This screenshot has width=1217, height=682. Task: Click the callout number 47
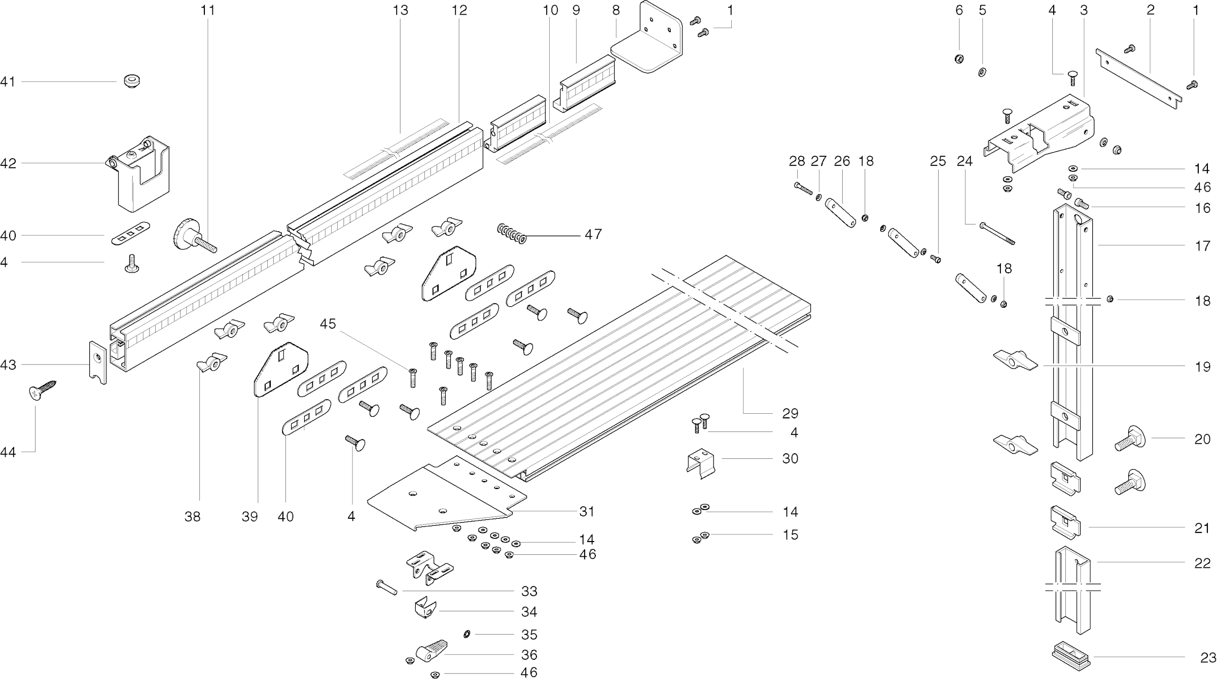[593, 234]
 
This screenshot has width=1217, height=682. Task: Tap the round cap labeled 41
[132, 81]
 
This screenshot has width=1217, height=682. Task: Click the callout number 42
[8, 163]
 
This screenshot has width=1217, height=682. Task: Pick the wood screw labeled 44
[42, 391]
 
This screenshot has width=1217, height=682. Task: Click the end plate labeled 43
[98, 362]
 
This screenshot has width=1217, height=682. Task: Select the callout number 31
[587, 512]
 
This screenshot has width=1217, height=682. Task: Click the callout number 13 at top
[400, 10]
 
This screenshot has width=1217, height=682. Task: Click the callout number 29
[790, 414]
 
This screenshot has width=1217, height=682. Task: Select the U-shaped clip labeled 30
[701, 462]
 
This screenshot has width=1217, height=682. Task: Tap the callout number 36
[529, 655]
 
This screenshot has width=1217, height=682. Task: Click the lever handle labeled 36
[432, 650]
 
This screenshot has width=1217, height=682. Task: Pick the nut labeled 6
[959, 59]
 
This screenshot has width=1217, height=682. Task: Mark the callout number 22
[1202, 563]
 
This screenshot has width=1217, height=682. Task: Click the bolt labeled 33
[386, 588]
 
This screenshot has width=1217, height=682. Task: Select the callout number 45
[328, 324]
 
